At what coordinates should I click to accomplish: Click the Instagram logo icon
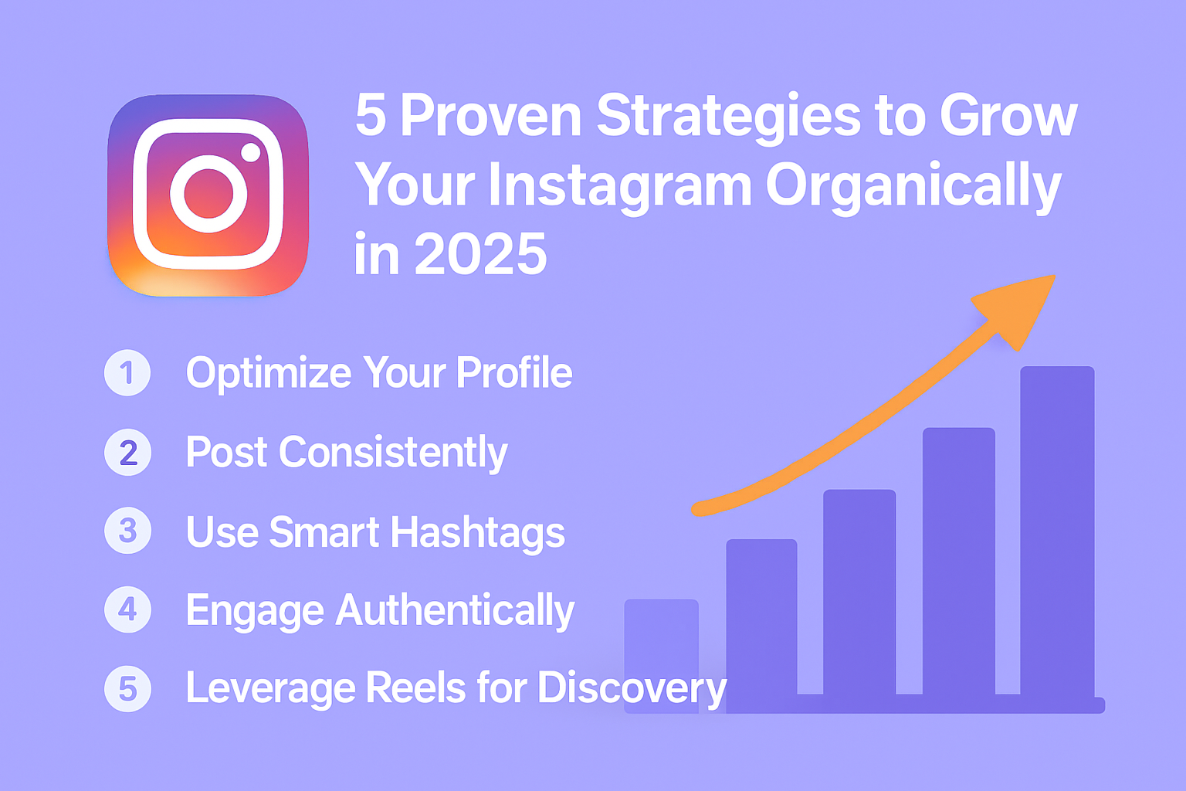point(208,195)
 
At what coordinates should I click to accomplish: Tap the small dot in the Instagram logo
point(251,151)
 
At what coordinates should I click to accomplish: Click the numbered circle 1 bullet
point(127,373)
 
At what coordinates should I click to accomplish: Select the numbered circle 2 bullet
point(127,453)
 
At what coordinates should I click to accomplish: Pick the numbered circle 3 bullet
point(127,531)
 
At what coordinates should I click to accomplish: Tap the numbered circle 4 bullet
point(127,609)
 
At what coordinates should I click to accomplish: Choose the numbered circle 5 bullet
point(127,688)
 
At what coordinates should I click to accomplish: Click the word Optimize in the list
point(269,374)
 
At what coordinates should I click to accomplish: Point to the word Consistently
point(393,453)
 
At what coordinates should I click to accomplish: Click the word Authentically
point(456,611)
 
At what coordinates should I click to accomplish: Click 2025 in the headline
point(480,254)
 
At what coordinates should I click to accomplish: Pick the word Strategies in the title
point(729,116)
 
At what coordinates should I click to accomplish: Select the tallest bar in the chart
point(1057,533)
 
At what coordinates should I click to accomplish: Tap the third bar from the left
point(859,595)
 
